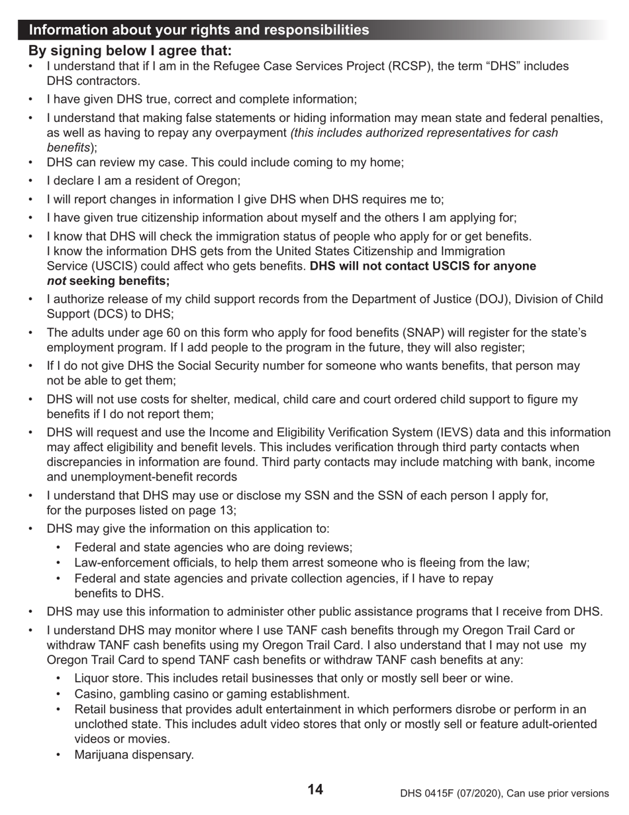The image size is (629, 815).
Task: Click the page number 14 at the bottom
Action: click(x=315, y=789)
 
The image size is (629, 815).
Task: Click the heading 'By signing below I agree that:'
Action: click(x=130, y=50)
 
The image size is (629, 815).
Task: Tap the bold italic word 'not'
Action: click(x=56, y=281)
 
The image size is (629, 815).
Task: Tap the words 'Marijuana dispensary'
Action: click(x=134, y=755)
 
